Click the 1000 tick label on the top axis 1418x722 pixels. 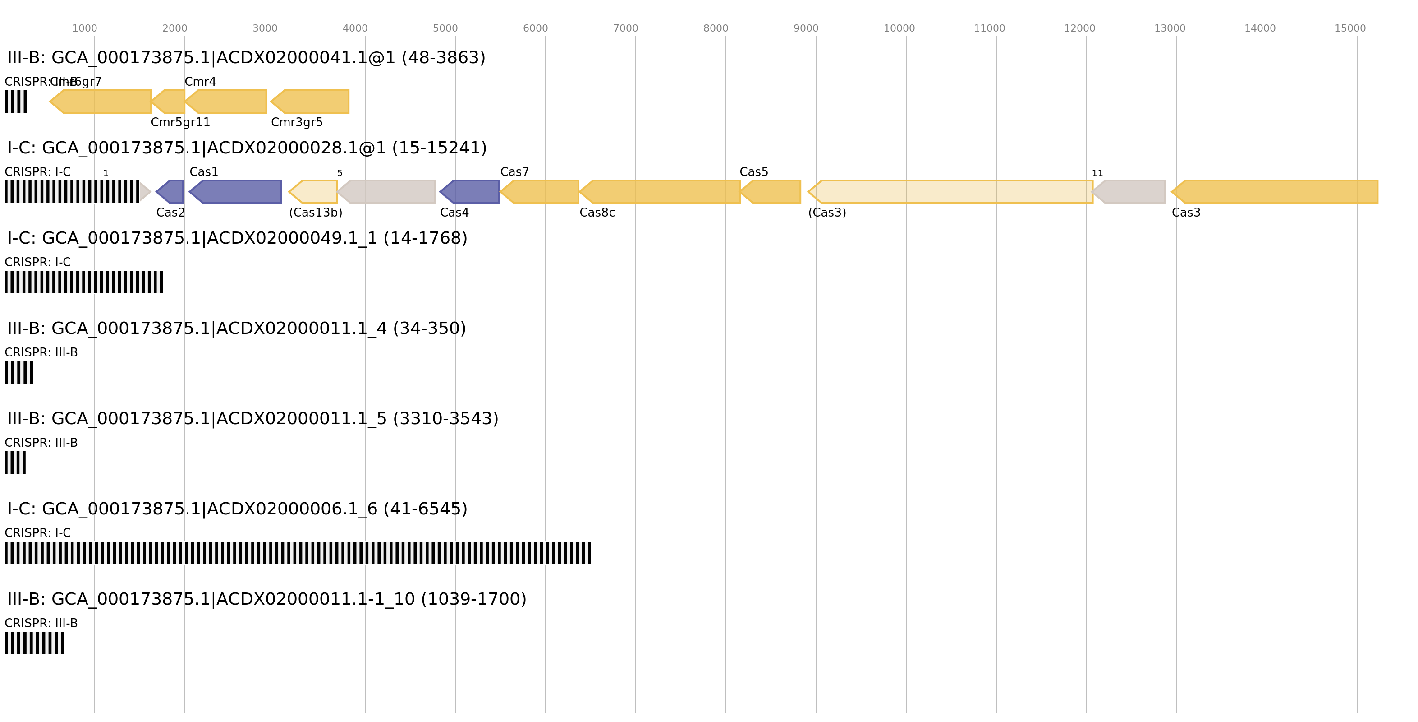click(x=84, y=28)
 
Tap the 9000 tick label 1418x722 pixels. click(x=805, y=28)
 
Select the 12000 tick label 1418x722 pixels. click(x=1079, y=28)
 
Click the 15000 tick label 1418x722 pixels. click(x=1350, y=28)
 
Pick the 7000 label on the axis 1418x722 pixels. click(x=625, y=28)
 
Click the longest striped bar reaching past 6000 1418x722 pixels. click(x=297, y=552)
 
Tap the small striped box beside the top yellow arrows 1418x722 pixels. click(x=15, y=102)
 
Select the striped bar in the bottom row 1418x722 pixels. click(x=34, y=643)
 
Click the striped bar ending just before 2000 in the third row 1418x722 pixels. click(x=83, y=282)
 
